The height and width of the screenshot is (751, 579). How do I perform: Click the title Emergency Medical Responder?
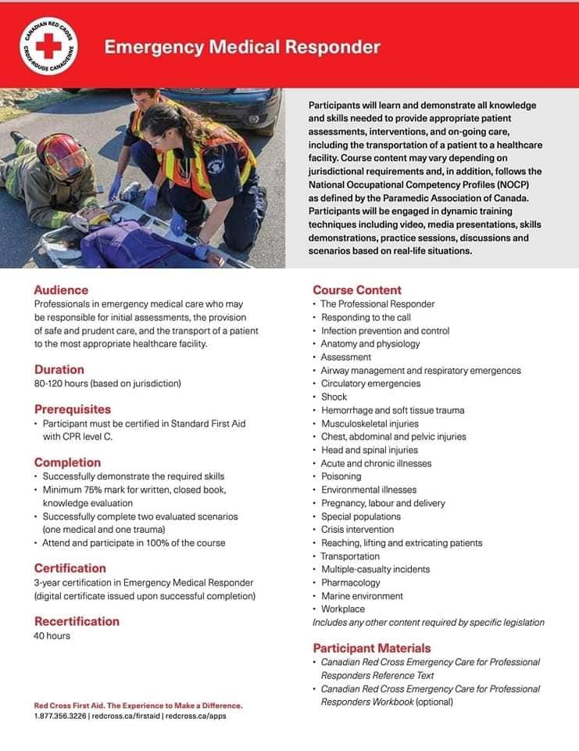[x=242, y=47]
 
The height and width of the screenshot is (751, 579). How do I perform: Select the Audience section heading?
[x=61, y=289]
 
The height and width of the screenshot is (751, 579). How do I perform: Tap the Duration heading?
[x=59, y=369]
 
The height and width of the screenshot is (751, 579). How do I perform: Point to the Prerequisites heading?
[x=73, y=409]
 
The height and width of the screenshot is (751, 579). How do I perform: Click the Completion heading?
[x=67, y=462]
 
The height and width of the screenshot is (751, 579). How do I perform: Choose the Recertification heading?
[x=77, y=621]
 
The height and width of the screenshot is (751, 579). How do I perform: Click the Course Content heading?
[x=357, y=289]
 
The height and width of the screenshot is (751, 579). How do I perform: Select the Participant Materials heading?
[x=371, y=648]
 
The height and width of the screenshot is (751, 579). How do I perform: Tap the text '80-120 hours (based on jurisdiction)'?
[x=108, y=383]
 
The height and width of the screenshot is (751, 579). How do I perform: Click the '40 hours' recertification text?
[x=52, y=635]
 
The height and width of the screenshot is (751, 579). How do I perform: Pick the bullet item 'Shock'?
[x=334, y=397]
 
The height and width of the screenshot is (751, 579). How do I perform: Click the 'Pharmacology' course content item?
[x=350, y=582]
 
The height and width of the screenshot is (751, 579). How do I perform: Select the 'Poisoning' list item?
[x=341, y=476]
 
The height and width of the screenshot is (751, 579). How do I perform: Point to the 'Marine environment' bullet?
[x=362, y=595]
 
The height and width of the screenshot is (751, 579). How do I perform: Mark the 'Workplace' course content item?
[x=342, y=609]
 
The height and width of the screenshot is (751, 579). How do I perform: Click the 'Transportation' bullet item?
[x=350, y=556]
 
